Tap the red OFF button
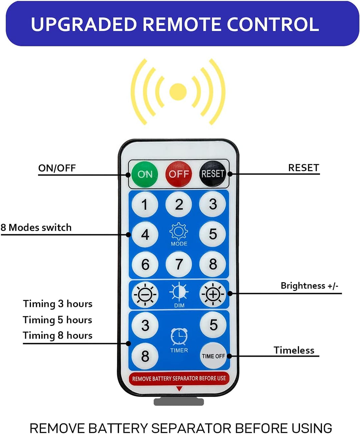[179, 174]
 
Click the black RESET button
[212, 174]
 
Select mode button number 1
[145, 204]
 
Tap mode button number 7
[179, 265]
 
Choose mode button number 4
[145, 235]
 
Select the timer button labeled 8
[145, 356]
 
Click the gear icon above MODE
[179, 231]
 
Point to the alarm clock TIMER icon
[179, 336]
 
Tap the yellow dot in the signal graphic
[178, 92]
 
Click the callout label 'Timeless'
[294, 350]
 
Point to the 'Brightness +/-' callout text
[309, 286]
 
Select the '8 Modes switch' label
[36, 228]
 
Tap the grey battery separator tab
[179, 402]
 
